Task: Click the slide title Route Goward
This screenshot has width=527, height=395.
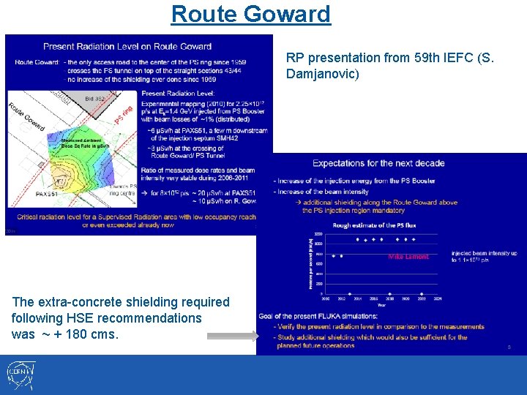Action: click(250, 13)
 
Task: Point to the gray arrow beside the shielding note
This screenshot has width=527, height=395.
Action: click(232, 336)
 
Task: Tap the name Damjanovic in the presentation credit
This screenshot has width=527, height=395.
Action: click(322, 74)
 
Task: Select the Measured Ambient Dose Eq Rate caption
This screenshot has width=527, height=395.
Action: click(86, 143)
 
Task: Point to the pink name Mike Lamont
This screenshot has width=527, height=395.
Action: click(408, 257)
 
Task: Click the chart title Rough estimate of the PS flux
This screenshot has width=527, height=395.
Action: click(367, 225)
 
